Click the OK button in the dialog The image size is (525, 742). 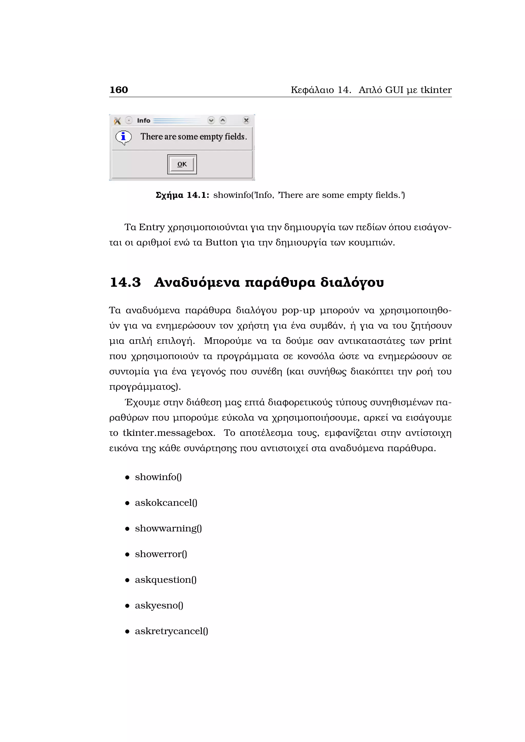click(x=182, y=164)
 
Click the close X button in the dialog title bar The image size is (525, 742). click(x=246, y=120)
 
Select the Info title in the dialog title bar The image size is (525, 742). click(x=144, y=120)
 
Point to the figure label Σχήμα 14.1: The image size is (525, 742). click(x=182, y=195)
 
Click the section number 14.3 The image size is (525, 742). click(x=125, y=282)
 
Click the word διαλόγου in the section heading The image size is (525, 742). click(x=352, y=282)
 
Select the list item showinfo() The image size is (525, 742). click(x=158, y=477)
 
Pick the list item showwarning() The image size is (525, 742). click(x=168, y=528)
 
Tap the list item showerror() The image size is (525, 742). click(x=161, y=554)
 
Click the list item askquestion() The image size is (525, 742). click(x=166, y=580)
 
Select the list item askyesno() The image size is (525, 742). click(x=159, y=605)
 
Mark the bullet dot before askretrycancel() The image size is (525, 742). click(x=127, y=631)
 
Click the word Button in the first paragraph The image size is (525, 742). click(x=221, y=242)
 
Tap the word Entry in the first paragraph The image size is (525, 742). click(x=152, y=227)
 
